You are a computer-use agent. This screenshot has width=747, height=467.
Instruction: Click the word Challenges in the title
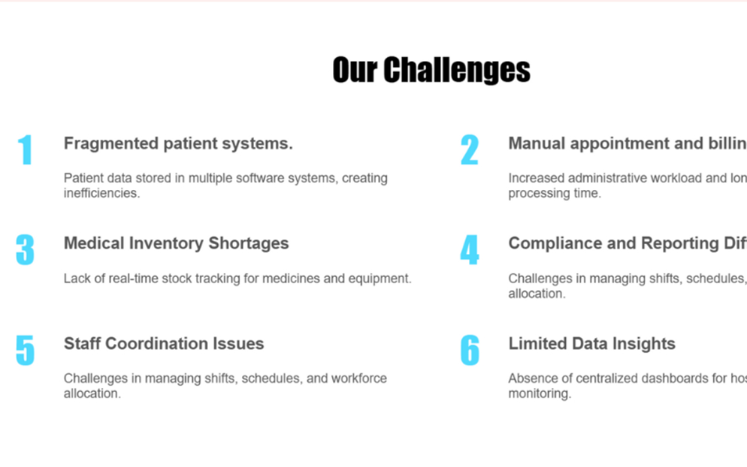[457, 70]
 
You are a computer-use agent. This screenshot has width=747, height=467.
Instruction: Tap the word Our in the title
[355, 70]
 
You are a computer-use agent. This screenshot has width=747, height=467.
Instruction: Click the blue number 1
[25, 150]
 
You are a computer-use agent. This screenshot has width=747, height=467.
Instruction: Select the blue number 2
[469, 150]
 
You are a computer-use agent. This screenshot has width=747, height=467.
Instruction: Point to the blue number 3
[25, 249]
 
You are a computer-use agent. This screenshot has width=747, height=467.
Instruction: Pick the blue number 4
[469, 250]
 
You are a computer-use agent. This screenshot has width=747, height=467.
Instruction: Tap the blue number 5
[25, 349]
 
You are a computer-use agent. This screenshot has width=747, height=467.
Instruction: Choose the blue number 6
[470, 349]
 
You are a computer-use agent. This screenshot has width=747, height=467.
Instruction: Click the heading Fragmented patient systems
[178, 143]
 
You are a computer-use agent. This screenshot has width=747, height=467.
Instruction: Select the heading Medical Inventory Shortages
[176, 243]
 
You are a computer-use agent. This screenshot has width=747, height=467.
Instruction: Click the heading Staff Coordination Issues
[164, 343]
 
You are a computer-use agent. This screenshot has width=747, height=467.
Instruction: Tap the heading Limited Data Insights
[592, 343]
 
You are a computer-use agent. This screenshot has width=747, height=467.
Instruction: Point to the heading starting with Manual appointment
[627, 143]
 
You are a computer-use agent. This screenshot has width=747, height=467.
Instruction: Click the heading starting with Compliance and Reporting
[627, 243]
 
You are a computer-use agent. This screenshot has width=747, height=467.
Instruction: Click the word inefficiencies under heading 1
[102, 194]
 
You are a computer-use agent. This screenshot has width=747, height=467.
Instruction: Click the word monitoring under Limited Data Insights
[539, 394]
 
